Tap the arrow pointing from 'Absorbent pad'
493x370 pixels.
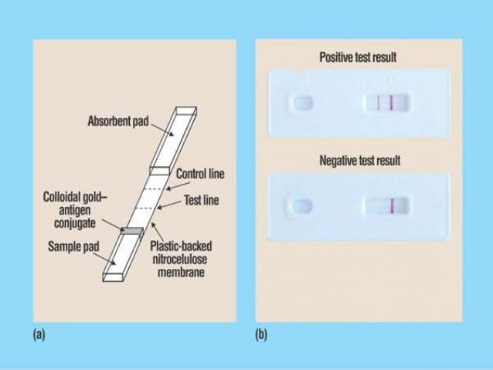click(156, 125)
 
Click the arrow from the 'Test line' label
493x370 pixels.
click(168, 204)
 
